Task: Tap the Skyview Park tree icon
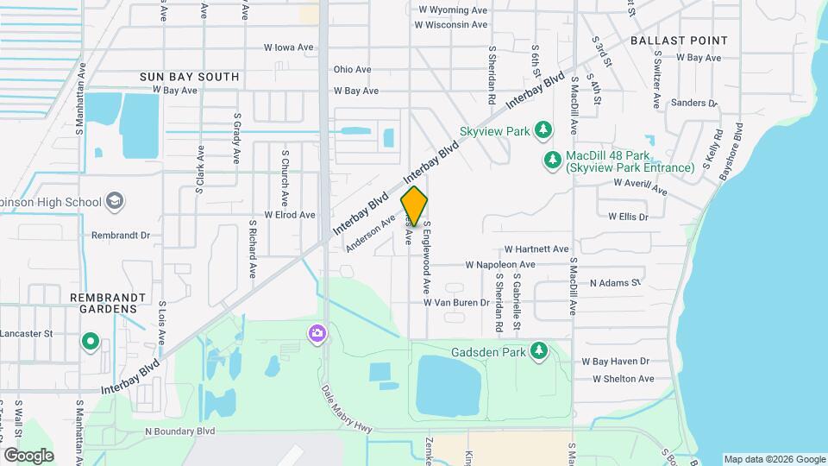(543, 130)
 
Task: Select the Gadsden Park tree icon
(539, 350)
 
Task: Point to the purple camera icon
(317, 332)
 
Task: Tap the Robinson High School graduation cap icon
(115, 202)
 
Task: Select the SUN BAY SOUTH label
(189, 77)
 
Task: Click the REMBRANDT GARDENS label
(108, 303)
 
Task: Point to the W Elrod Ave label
(290, 215)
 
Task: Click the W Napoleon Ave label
(500, 265)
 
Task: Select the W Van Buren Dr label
(456, 303)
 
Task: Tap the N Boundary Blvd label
(179, 431)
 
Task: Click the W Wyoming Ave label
(452, 10)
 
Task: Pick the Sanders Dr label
(694, 103)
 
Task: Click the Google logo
(28, 455)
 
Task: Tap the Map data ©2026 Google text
(773, 459)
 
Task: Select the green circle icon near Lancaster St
(90, 343)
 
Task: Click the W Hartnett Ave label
(536, 249)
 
